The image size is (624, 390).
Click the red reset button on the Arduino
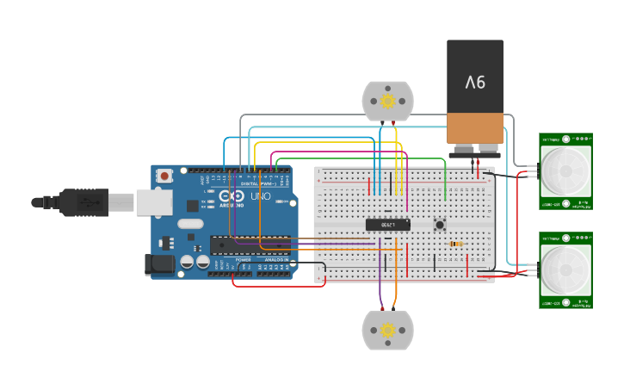pos(164,176)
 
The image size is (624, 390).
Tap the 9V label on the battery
pos(475,83)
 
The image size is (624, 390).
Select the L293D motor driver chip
pos(387,225)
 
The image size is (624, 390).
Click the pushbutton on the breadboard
pos(440,226)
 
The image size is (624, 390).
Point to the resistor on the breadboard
pos(456,244)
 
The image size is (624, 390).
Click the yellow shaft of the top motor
pos(387,101)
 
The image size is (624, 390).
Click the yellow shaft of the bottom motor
pos(387,330)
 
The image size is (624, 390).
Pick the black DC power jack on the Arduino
pos(160,263)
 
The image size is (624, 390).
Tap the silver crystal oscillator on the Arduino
pos(190,225)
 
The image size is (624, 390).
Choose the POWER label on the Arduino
pos(244,259)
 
